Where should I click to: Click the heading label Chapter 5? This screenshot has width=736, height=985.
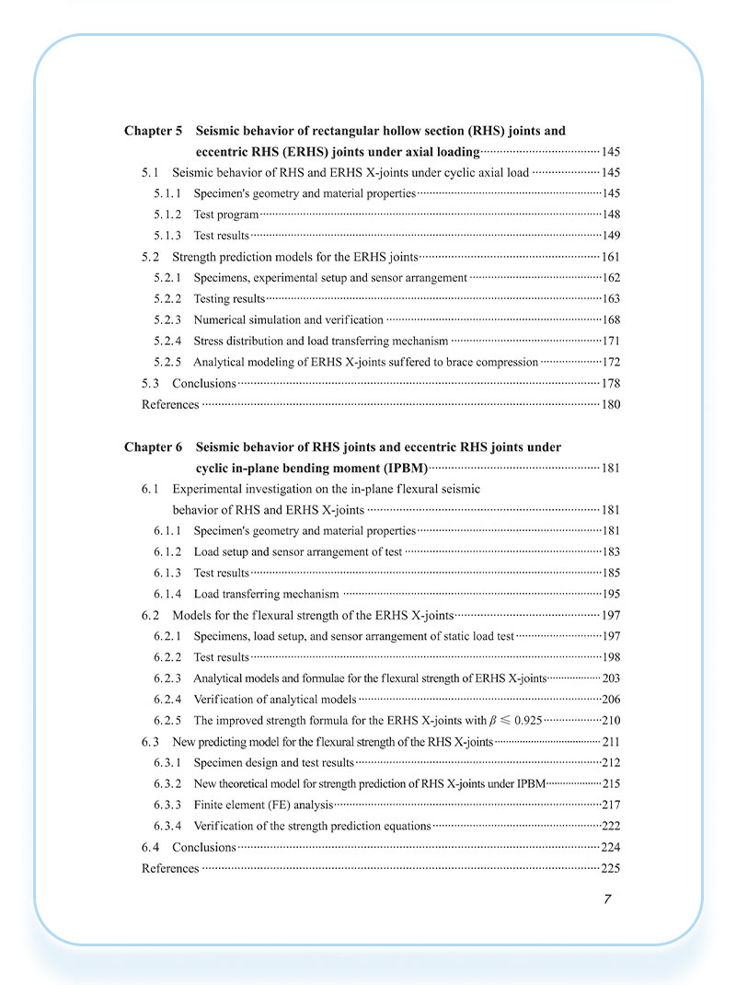[x=154, y=132]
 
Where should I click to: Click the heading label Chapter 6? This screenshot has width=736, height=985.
[x=154, y=447]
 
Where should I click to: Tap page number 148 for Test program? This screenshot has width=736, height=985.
[x=611, y=214]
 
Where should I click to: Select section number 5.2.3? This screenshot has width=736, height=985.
[x=167, y=319]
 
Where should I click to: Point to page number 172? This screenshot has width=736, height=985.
[x=611, y=362]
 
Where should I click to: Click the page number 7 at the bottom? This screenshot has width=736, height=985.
[x=607, y=899]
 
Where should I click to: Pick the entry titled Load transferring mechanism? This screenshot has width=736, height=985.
[x=266, y=594]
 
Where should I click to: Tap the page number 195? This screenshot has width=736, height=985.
[x=611, y=594]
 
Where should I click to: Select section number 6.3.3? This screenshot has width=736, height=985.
[x=167, y=805]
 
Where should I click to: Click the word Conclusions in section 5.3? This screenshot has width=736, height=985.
[x=204, y=383]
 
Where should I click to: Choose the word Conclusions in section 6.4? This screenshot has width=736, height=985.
[x=204, y=847]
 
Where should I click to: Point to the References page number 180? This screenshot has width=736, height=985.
[x=611, y=404]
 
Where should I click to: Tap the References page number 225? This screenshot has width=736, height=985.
[x=611, y=868]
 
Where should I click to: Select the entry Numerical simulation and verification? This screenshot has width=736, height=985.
[x=288, y=319]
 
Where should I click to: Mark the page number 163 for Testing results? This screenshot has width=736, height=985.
[x=611, y=298]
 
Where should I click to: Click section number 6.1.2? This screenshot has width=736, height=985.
[x=167, y=551]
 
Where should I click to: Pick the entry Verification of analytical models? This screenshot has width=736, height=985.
[x=274, y=700]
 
